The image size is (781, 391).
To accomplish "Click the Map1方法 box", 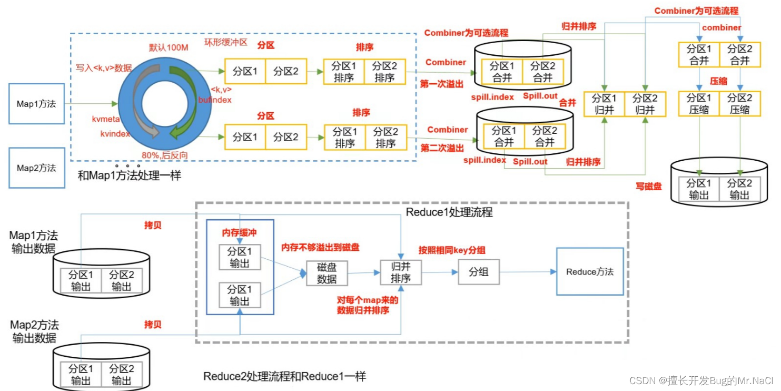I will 36,104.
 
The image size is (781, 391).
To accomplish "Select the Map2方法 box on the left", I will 36,168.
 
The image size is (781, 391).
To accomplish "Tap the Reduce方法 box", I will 589,272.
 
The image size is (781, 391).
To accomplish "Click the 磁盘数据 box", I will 327,273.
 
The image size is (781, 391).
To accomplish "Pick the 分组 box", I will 478,272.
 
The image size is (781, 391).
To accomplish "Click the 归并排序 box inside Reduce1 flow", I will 401,272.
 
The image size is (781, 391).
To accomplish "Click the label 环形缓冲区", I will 225,42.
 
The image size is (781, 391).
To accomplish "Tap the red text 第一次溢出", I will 442,83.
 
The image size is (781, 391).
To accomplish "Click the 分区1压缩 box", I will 699,104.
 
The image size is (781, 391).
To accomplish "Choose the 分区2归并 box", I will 645,104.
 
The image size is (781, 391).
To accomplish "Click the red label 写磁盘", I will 649,187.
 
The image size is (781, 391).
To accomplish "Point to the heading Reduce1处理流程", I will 449,212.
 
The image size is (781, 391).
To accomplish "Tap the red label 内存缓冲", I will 240,232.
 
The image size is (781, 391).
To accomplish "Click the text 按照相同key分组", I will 451,249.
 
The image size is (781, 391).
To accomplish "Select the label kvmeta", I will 106,120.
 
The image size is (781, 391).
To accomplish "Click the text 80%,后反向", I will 165,155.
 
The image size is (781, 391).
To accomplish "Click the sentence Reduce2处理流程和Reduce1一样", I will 284,376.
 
